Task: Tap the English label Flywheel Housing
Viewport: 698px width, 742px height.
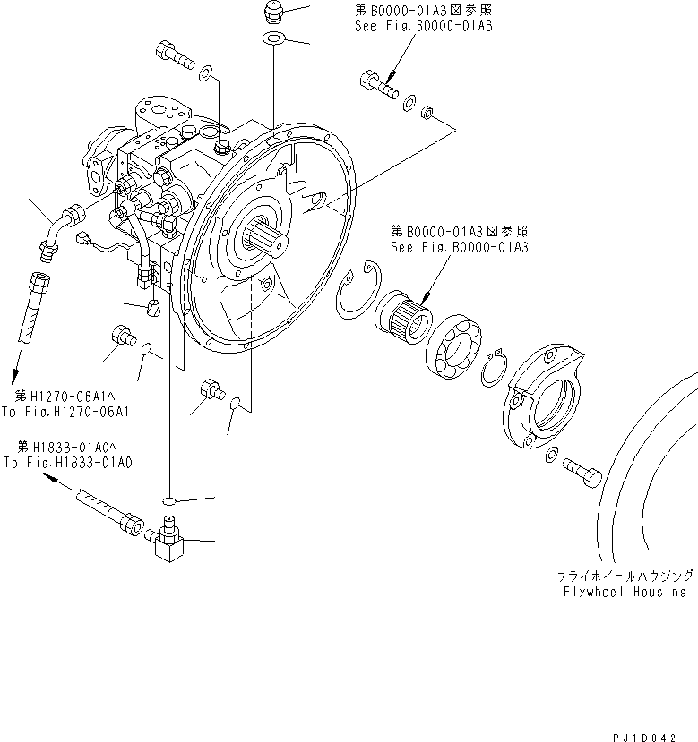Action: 625,592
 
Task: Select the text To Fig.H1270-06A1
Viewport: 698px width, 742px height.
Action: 65,412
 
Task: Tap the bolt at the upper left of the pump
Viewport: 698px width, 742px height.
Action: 174,55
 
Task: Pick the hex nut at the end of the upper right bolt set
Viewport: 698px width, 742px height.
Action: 428,113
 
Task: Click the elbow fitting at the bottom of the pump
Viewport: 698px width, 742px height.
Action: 168,542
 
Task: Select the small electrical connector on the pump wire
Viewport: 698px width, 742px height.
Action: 83,239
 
